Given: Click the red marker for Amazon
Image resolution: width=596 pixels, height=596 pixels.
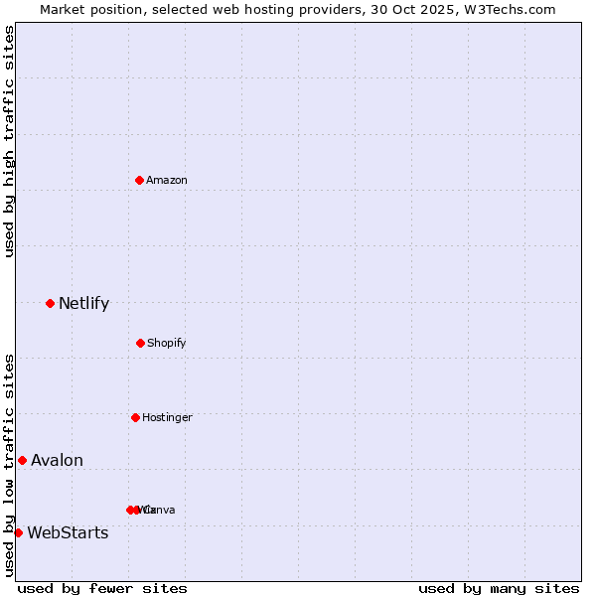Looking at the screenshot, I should click(139, 180).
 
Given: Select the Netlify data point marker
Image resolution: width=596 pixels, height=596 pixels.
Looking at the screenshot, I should click(50, 303).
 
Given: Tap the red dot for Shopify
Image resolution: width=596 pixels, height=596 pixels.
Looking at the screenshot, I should click(140, 343).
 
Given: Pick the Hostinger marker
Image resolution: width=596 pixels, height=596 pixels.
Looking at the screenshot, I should click(135, 417).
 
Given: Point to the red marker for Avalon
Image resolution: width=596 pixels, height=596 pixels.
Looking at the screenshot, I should click(22, 460).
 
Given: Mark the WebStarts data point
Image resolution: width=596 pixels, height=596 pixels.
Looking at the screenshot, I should click(18, 532).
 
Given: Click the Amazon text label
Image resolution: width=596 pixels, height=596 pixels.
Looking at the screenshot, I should click(167, 180).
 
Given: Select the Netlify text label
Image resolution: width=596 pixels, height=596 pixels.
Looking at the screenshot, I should click(83, 303).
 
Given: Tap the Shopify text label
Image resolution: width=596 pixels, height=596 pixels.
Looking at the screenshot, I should click(167, 343).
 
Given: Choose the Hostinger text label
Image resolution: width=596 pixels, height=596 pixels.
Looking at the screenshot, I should click(167, 417).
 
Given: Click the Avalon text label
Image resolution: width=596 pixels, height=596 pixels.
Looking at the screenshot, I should click(57, 460).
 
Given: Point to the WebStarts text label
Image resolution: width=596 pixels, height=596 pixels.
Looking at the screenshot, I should click(68, 532).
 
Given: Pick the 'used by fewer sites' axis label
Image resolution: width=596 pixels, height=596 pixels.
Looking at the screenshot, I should click(102, 588).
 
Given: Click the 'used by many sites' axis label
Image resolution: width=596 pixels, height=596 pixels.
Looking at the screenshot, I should click(499, 588).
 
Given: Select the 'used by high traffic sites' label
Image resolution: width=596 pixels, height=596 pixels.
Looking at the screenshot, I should click(9, 141).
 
